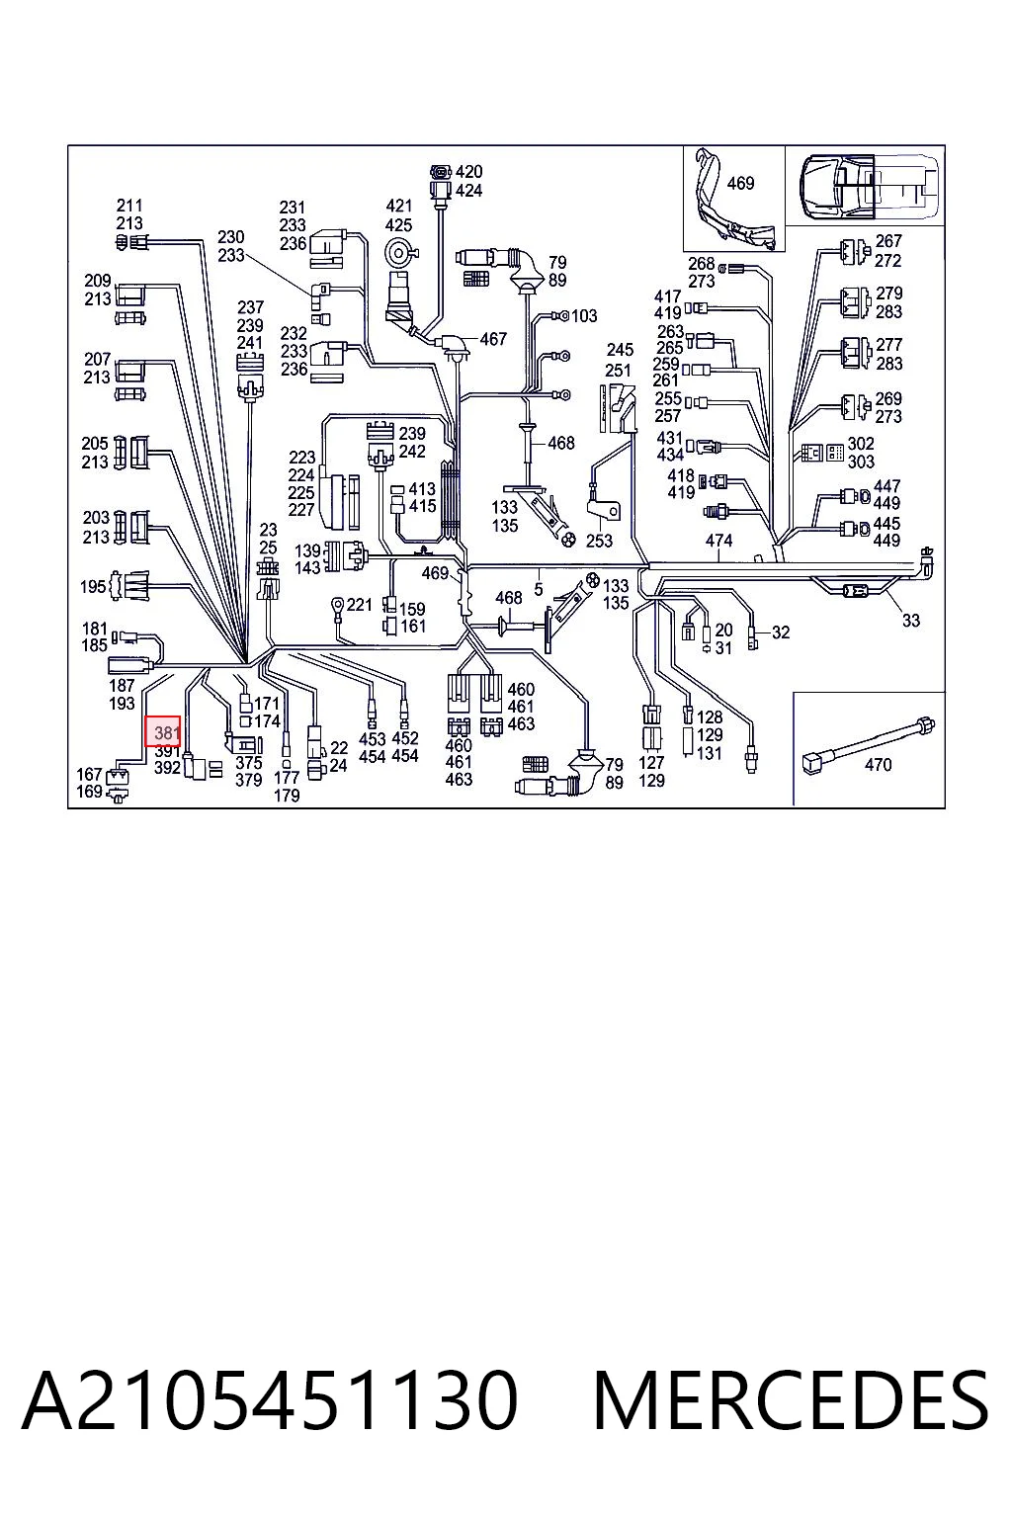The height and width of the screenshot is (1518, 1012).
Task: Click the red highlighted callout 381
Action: coord(163,732)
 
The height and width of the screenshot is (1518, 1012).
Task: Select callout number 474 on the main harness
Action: coord(718,541)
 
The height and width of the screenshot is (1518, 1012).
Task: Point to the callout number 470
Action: coord(878,764)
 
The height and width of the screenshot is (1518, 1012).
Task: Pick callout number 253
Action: coord(599,541)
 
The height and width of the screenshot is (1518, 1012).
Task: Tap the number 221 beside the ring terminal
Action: coord(360,604)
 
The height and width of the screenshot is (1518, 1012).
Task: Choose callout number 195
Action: coord(93,586)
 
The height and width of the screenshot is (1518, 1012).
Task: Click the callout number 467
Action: coord(493,338)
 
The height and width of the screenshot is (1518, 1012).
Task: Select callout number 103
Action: coord(584,316)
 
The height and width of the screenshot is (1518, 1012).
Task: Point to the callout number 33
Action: coord(911,620)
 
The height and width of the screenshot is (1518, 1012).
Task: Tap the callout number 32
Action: coord(781,632)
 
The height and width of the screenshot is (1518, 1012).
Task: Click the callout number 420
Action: coord(469,171)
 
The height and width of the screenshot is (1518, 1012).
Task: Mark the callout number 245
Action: coord(620,350)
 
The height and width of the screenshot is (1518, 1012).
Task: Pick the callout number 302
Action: coord(861,443)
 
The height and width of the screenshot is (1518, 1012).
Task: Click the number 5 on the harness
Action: coord(538,590)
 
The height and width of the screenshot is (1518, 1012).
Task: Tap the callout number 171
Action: coord(267,704)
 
